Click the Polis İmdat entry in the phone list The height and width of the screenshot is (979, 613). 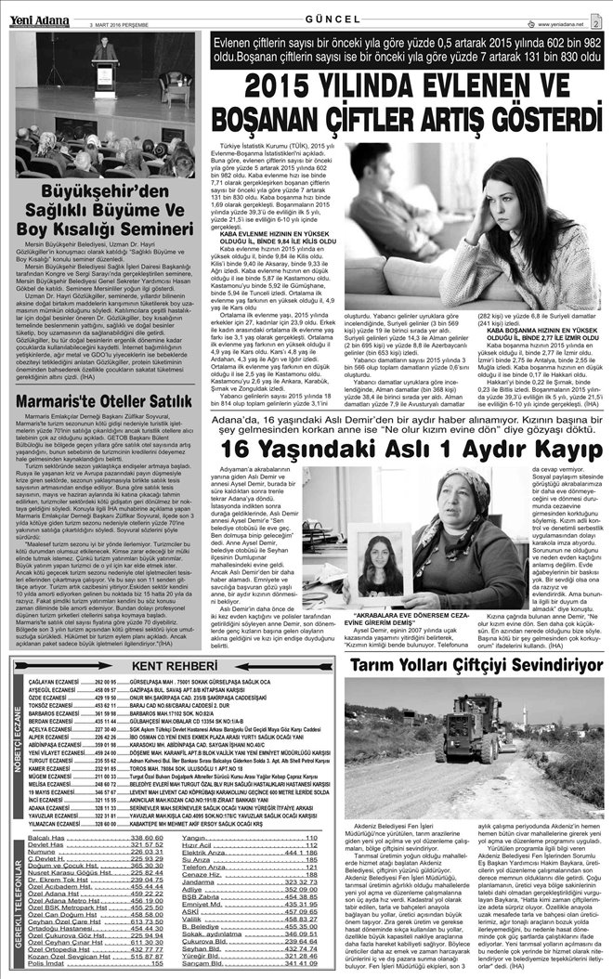pyautogui.click(x=51, y=963)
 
